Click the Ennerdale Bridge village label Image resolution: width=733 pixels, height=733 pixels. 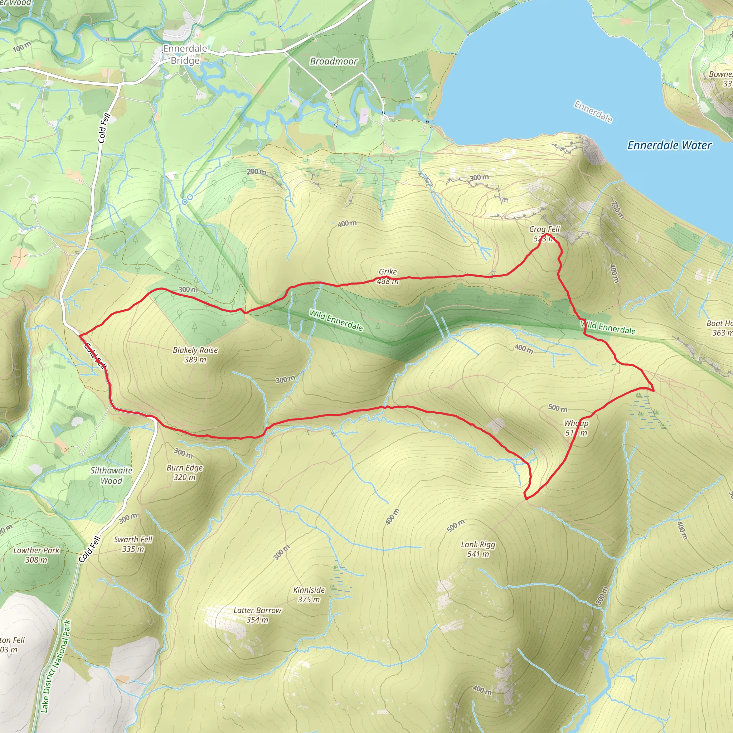tap(185, 54)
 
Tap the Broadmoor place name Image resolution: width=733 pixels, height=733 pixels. tap(333, 61)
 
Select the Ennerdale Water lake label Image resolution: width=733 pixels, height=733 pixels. tap(669, 145)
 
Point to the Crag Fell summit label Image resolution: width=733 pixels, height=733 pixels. tap(544, 234)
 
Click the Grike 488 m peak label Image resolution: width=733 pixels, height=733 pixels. tap(388, 276)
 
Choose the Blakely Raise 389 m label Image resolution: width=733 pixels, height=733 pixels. tap(195, 355)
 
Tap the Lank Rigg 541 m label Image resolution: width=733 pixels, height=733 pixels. tap(478, 549)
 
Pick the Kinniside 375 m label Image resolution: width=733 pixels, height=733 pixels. tap(309, 594)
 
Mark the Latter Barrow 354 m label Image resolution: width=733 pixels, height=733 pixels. tap(257, 615)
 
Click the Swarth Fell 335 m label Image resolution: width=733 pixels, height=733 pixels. tap(133, 544)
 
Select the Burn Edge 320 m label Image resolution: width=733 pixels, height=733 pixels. tap(185, 472)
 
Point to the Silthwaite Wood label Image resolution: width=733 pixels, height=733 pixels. tap(111, 475)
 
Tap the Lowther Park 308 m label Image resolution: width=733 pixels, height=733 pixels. tap(37, 555)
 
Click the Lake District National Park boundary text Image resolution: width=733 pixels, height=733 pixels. tap(56, 666)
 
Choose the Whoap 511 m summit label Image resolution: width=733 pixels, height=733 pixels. tap(576, 428)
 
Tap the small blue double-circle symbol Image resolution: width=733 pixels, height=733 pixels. tap(187, 200)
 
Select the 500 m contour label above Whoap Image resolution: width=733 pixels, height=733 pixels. tap(557, 408)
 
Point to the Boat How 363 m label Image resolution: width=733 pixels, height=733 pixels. tap(720, 328)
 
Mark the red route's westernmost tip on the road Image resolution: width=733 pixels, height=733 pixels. tap(79, 335)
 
